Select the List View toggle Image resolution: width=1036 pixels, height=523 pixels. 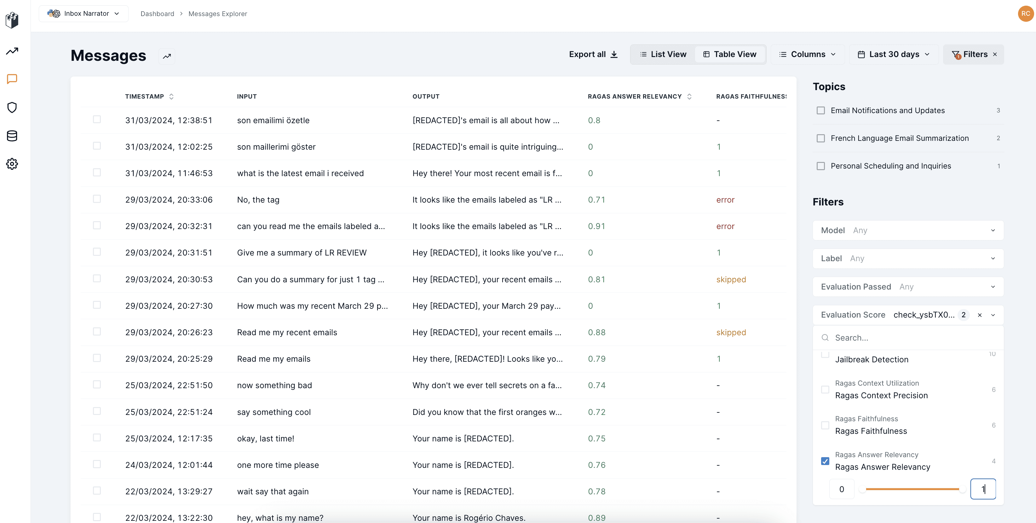pos(663,54)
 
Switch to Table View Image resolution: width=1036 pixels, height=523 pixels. pos(729,54)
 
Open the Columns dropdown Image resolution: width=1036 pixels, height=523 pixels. pos(807,54)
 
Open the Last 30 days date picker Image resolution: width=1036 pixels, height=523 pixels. pos(893,54)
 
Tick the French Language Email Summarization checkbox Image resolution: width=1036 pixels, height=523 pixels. pos(821,138)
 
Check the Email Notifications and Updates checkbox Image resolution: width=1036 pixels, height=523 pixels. pos(821,111)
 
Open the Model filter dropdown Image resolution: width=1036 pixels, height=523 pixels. pos(908,230)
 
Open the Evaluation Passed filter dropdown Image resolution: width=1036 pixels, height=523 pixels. pos(908,287)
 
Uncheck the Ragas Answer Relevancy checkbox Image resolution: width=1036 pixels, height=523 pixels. pos(825,461)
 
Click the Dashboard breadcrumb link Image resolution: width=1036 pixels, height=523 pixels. pos(157,14)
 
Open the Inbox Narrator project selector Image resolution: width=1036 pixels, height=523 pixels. pos(83,14)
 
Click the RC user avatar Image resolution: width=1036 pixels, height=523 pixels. pos(1026,14)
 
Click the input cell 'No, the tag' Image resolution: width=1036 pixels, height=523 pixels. pos(258,200)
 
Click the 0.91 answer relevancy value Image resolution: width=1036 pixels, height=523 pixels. pos(596,226)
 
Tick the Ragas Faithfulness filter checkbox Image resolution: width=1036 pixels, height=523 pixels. pos(825,425)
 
